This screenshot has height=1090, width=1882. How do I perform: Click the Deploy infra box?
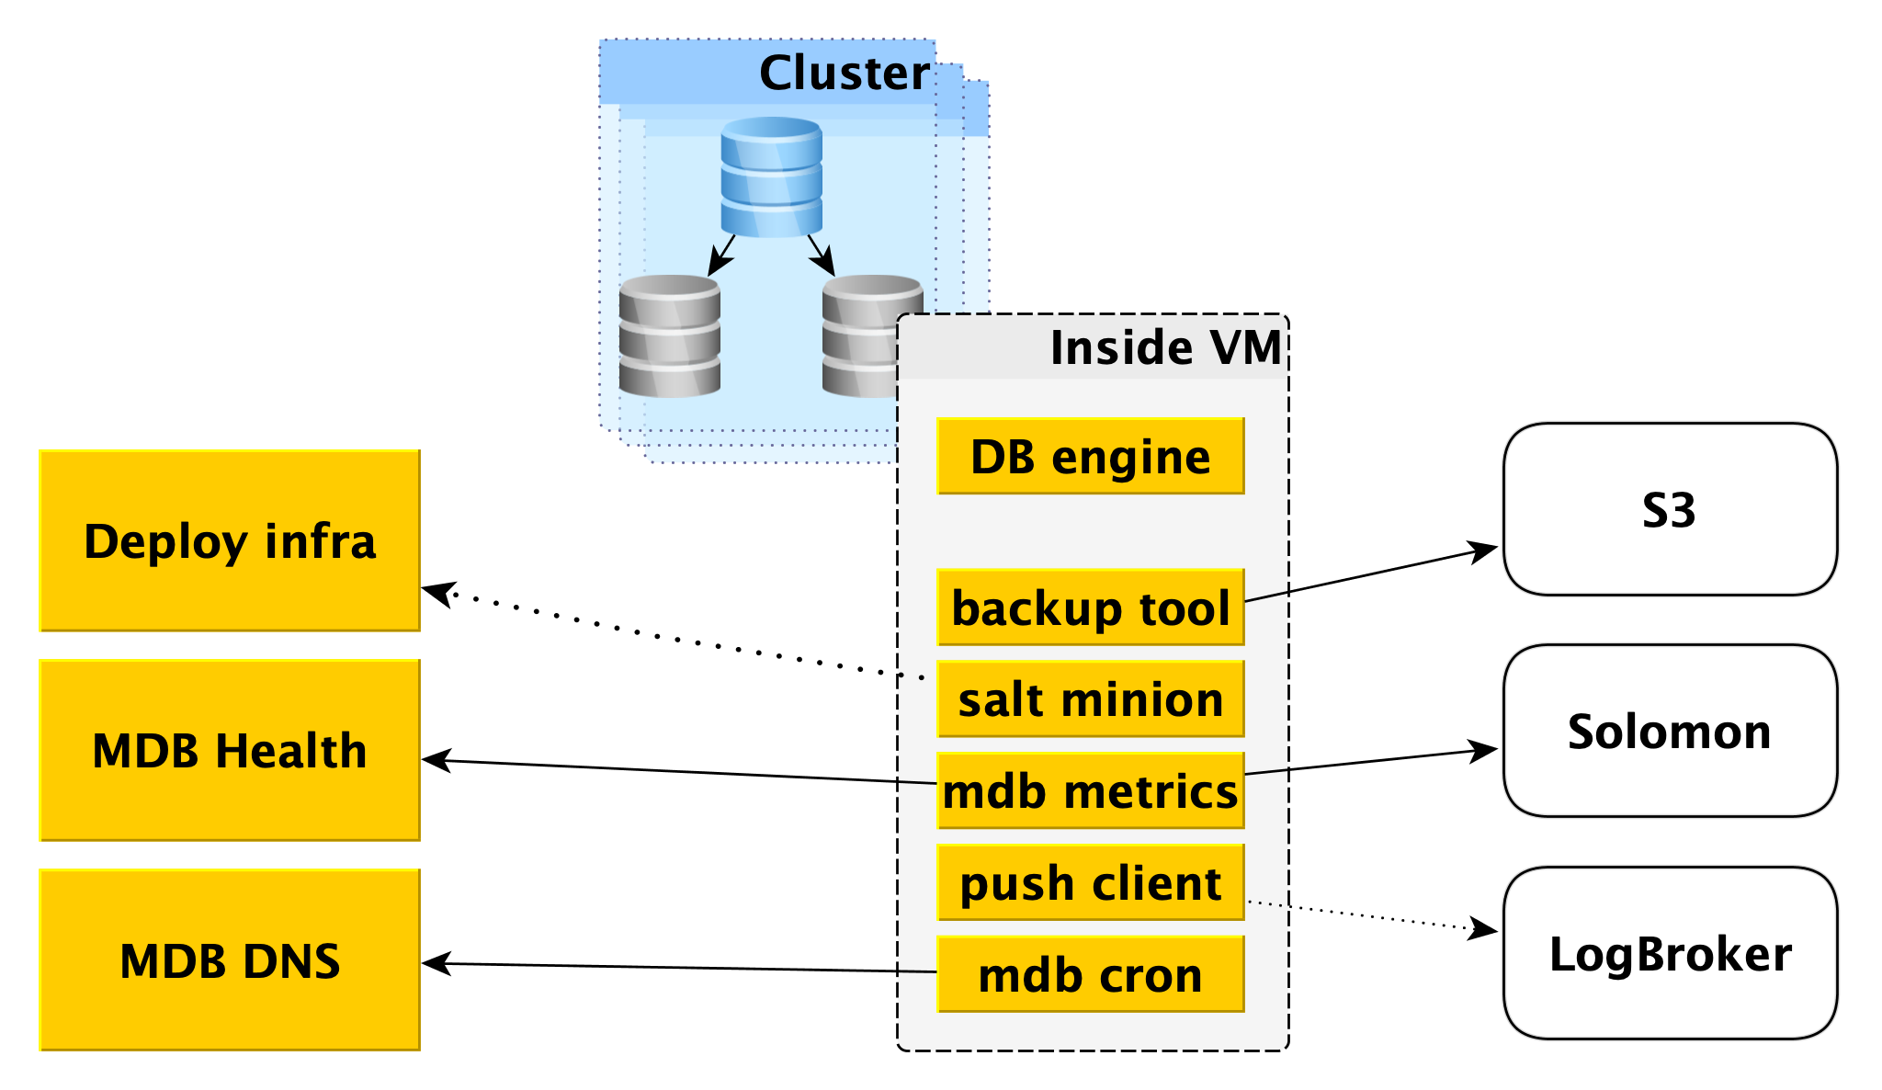[x=230, y=540]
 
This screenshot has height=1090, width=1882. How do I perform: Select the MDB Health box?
[x=230, y=750]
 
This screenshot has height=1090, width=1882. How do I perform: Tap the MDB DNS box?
[x=230, y=960]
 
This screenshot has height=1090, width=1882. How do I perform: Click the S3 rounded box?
[x=1670, y=509]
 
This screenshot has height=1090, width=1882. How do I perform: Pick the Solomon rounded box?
[x=1670, y=731]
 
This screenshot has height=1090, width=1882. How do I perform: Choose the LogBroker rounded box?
[x=1670, y=953]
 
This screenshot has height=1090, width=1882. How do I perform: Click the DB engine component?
[x=1091, y=457]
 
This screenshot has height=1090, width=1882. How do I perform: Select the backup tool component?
[x=1091, y=607]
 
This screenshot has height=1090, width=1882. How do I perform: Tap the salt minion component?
[x=1091, y=699]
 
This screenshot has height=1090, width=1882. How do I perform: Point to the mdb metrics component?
[x=1091, y=791]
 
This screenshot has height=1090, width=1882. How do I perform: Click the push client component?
[x=1091, y=883]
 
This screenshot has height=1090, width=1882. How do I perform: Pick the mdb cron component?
[x=1091, y=974]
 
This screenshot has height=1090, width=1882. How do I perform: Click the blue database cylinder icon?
[x=771, y=176]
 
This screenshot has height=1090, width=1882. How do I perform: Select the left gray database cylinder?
[x=669, y=336]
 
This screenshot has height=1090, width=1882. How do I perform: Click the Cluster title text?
[x=844, y=73]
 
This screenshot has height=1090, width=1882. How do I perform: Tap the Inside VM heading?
[x=1165, y=347]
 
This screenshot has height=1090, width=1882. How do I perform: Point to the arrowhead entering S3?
[x=1485, y=551]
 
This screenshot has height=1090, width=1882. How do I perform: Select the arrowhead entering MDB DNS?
[x=435, y=963]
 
